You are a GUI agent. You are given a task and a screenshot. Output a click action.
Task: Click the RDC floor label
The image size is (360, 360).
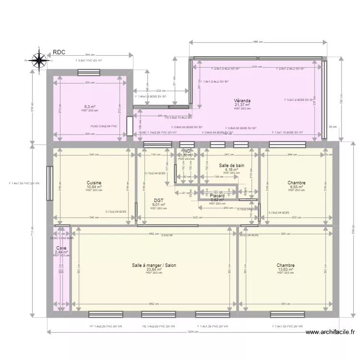(60, 52)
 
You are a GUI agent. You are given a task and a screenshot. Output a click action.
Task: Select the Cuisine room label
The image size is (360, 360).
(94, 183)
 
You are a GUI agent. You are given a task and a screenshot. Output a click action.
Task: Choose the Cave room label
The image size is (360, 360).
(61, 248)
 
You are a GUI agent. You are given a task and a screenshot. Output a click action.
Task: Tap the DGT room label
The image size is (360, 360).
(159, 201)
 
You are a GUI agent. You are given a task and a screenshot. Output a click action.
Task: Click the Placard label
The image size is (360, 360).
(217, 196)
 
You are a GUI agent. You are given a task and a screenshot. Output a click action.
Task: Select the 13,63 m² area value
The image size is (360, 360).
(285, 270)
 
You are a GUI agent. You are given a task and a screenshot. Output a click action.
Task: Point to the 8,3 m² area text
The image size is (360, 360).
(90, 107)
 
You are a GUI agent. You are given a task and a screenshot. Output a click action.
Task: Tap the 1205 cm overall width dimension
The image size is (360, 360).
(193, 332)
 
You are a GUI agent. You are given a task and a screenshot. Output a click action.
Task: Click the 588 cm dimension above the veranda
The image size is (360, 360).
(258, 42)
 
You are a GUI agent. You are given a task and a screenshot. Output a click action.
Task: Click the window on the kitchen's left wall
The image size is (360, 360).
(49, 183)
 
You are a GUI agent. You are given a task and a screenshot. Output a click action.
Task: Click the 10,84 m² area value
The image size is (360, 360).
(94, 187)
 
